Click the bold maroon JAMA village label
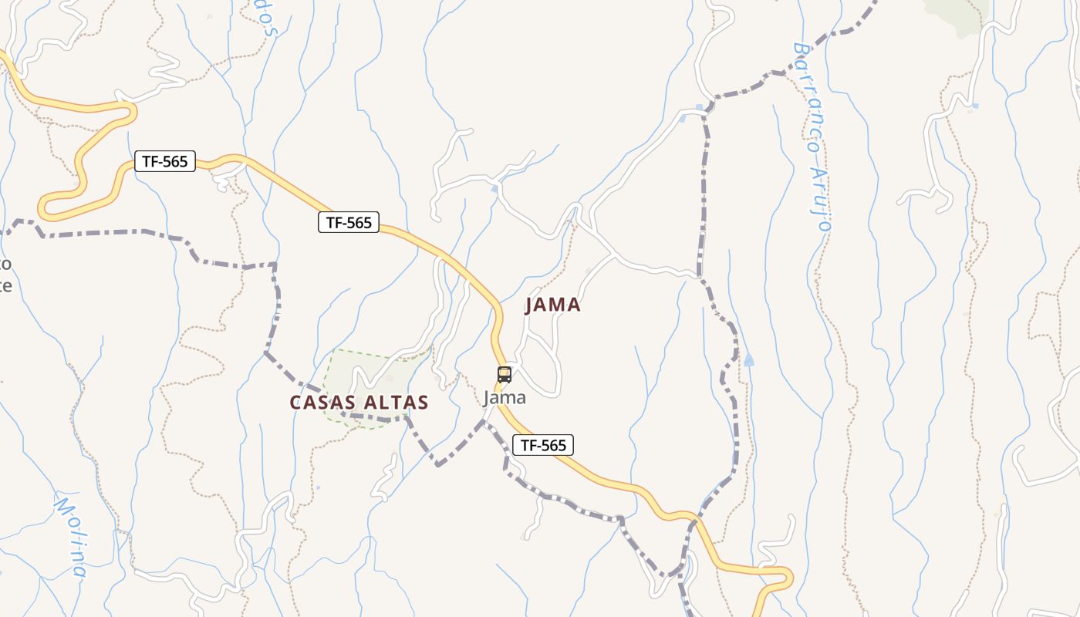(552, 305)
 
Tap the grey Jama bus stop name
(505, 398)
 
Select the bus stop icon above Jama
(505, 375)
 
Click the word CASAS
(322, 403)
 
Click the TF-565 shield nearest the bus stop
(543, 445)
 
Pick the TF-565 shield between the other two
(349, 223)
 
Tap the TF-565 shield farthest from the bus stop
(165, 161)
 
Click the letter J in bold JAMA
(530, 305)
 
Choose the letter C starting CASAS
(295, 403)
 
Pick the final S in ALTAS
(423, 403)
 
